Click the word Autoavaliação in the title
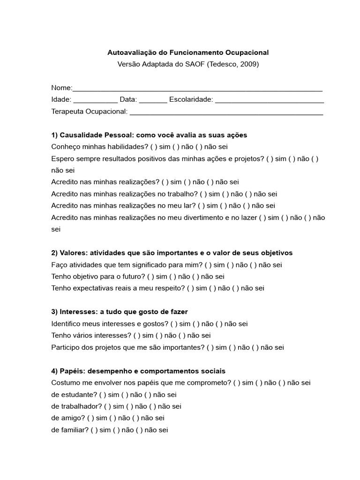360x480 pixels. [x=129, y=53]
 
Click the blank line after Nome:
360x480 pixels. [x=197, y=89]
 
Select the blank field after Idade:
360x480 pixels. [x=96, y=100]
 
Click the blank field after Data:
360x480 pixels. [x=153, y=100]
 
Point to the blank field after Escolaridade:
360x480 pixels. [x=270, y=100]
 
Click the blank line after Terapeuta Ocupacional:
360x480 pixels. [x=226, y=112]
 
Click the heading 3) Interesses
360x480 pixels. [x=76, y=312]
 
